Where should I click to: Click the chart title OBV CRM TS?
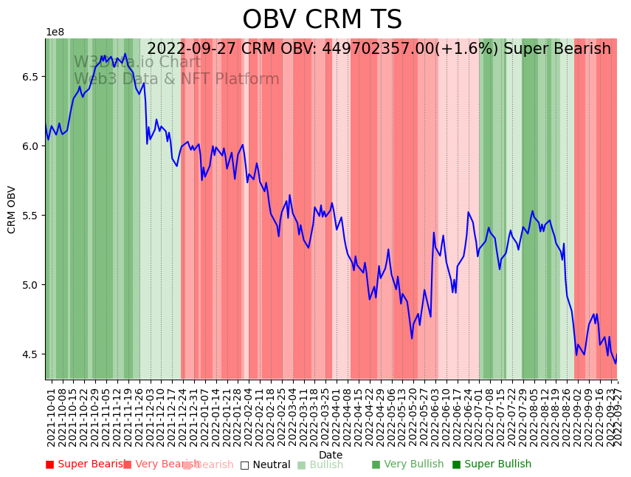(322, 20)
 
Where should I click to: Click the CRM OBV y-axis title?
(12, 210)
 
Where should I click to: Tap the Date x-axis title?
(331, 456)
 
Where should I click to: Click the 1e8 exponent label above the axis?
(55, 32)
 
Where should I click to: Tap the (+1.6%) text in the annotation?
(473, 49)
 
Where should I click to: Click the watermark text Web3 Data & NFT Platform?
(176, 79)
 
